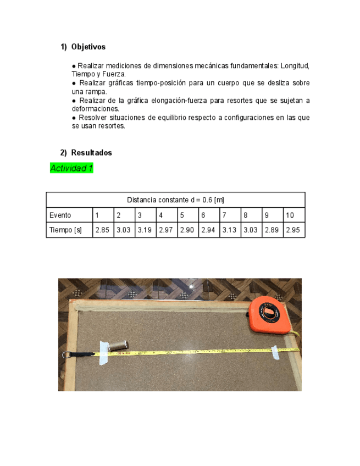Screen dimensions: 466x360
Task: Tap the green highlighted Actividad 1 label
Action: click(71, 169)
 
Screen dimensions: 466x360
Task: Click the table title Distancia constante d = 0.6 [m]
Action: click(175, 200)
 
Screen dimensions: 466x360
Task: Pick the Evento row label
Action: click(60, 215)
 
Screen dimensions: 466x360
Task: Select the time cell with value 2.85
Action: click(102, 230)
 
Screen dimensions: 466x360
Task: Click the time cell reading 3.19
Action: click(145, 230)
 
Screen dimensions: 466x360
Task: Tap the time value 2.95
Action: click(293, 230)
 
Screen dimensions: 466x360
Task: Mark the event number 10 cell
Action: click(290, 215)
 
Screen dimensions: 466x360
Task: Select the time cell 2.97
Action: click(166, 230)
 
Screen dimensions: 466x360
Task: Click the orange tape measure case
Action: click(269, 315)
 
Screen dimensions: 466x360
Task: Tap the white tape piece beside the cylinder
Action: click(103, 353)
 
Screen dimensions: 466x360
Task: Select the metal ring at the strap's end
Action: click(66, 355)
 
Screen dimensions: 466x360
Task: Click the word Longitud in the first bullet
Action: click(295, 66)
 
